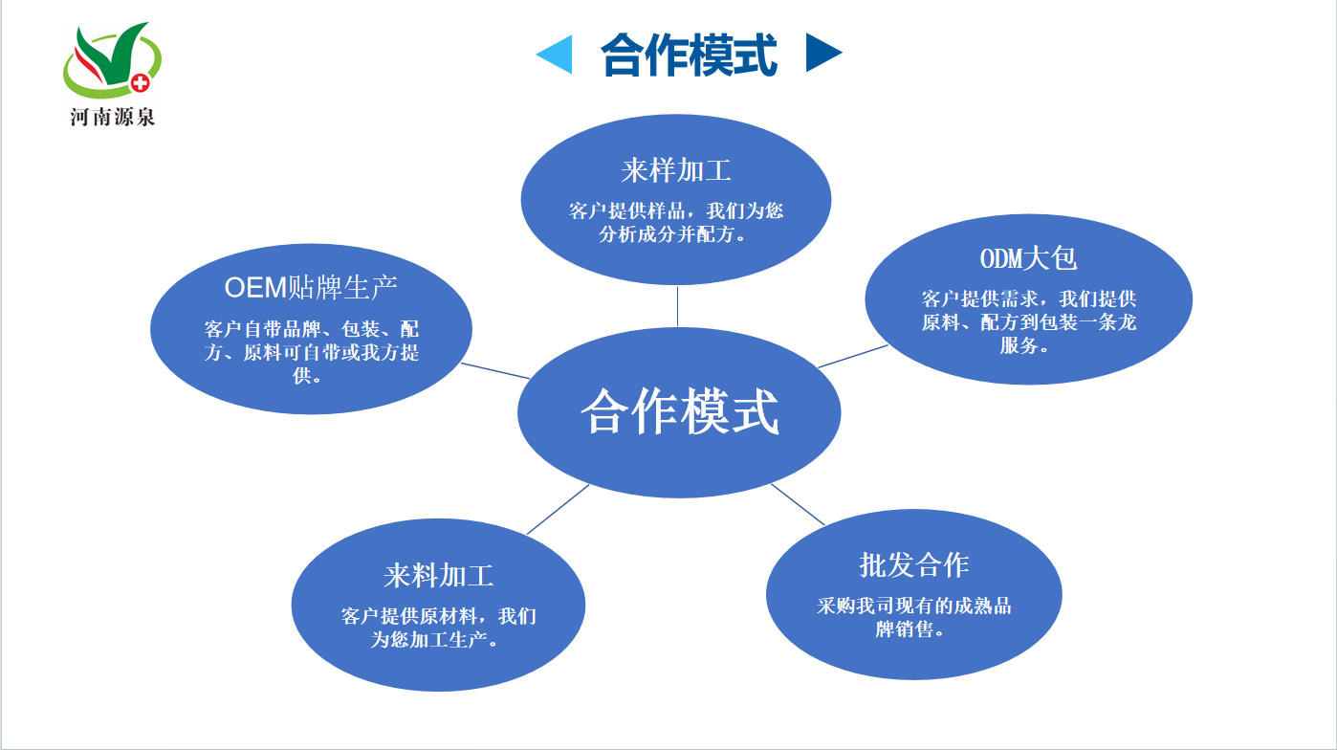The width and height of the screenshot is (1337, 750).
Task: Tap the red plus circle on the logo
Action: point(141,83)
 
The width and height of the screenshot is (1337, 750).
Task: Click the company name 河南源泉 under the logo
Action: point(112,117)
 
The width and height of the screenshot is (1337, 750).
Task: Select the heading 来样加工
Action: point(675,171)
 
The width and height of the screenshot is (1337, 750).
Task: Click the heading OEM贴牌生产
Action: point(311,288)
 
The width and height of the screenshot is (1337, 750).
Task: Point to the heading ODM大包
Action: point(1028,258)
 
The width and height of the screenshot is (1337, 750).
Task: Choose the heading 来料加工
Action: point(439,576)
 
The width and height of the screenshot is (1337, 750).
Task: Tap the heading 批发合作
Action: point(914,564)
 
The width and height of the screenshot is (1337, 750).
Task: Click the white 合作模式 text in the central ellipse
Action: point(679,411)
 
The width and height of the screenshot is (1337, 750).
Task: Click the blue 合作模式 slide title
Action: point(689,55)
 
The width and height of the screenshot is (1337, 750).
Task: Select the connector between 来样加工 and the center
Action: point(677,306)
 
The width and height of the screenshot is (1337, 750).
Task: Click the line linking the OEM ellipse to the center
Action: point(495,371)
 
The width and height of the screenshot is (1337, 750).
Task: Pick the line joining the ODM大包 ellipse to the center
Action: point(852,357)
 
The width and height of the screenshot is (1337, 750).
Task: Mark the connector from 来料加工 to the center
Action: point(559,509)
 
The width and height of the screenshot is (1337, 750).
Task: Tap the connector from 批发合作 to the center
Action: point(798,504)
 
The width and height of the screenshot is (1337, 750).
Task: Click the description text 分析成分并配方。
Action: point(672,234)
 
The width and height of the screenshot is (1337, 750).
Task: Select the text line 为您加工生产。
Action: point(434,640)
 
